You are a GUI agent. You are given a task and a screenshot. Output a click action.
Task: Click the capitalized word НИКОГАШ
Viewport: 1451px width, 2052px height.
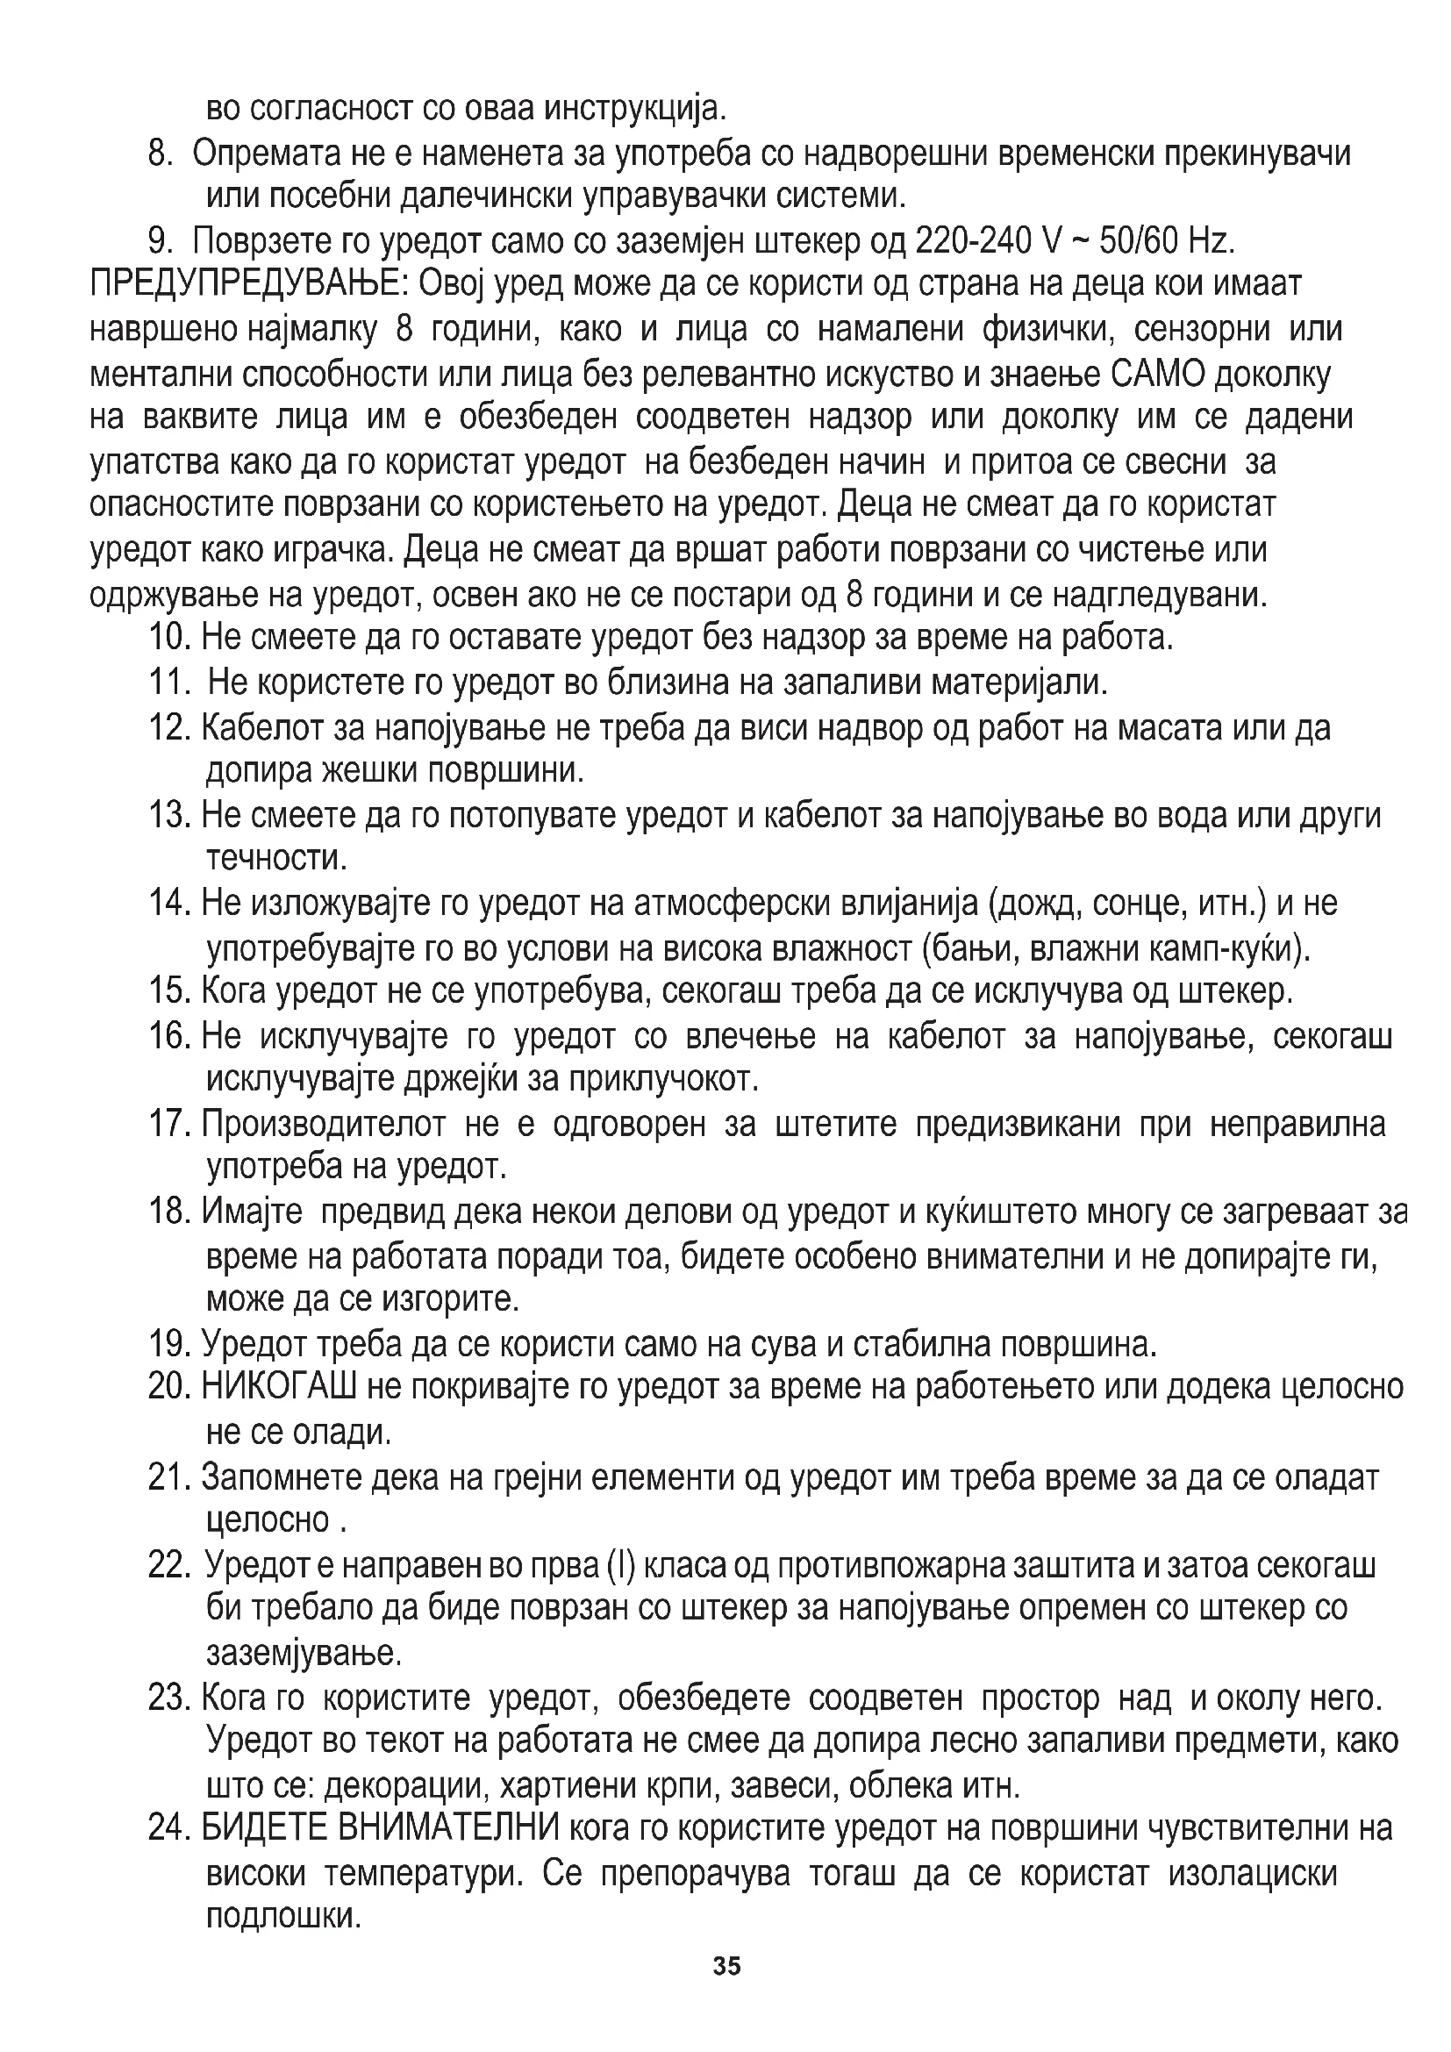click(x=279, y=1387)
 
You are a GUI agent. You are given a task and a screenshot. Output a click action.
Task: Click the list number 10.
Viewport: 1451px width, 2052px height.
click(x=170, y=637)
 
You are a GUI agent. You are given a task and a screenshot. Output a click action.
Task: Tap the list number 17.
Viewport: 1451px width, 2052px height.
click(x=170, y=1124)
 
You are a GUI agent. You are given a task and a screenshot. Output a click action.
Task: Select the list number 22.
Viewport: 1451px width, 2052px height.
click(x=170, y=1565)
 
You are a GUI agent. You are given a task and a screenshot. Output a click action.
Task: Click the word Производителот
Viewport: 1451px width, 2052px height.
click(x=324, y=1124)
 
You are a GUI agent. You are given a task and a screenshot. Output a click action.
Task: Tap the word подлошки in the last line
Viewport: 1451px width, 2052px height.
click(x=283, y=1915)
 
